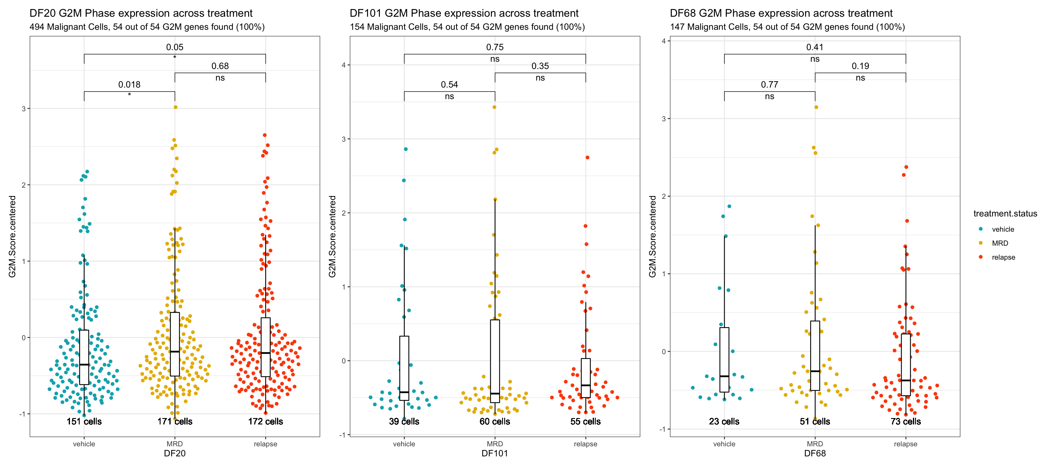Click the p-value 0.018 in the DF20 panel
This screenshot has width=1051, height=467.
coord(129,85)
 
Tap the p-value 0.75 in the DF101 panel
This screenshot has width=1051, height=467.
coord(494,47)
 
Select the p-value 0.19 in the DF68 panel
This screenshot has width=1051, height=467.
coord(860,66)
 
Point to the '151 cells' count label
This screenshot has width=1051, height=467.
coord(84,421)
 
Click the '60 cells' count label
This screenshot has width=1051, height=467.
coord(494,421)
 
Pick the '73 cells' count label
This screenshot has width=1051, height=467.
coord(905,421)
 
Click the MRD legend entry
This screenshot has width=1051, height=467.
coord(1000,243)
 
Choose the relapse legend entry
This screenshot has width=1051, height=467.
coord(1003,257)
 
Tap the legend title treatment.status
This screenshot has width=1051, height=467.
coord(1005,213)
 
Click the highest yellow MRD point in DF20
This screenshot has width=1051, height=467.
coord(175,107)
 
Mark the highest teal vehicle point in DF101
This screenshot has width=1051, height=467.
coord(406,149)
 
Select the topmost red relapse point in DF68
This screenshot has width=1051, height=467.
coord(906,167)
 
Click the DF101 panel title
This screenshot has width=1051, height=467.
coord(464,13)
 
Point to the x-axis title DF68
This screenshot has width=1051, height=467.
coord(814,453)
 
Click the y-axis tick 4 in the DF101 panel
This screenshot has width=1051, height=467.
coord(344,65)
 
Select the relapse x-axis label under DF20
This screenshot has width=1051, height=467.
coord(265,444)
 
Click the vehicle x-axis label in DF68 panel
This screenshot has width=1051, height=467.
coord(724,444)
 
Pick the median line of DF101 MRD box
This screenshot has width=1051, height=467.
coord(494,394)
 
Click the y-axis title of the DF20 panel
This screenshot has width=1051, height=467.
coord(12,237)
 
